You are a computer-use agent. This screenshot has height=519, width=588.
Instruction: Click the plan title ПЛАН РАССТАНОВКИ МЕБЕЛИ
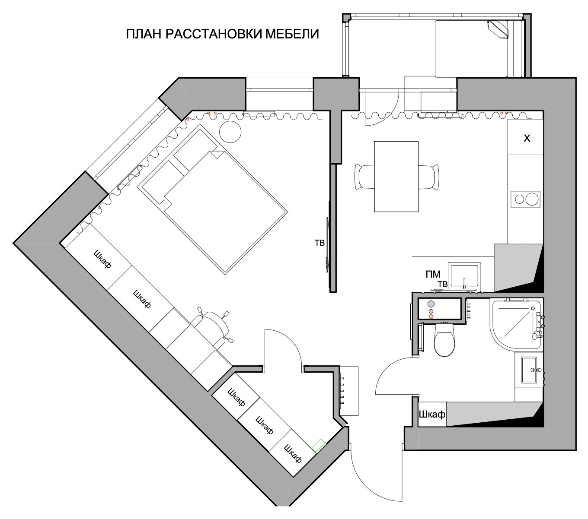pos(222,34)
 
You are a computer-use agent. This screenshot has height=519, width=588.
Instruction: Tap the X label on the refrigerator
pos(527,138)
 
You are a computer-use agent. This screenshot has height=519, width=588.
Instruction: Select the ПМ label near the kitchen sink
pos(433,274)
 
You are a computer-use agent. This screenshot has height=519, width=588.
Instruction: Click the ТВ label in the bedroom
pos(320,243)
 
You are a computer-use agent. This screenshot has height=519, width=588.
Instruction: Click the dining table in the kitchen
pos(396,176)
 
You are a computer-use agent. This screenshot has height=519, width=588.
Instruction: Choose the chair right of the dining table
pos(429,177)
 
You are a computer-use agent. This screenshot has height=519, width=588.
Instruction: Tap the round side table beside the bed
pos(230,132)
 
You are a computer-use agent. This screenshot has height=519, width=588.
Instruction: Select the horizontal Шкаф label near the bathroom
pos(432,415)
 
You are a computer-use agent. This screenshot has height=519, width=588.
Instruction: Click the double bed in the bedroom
pos(212,199)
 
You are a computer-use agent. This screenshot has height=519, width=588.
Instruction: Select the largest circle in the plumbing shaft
pos(431,304)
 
